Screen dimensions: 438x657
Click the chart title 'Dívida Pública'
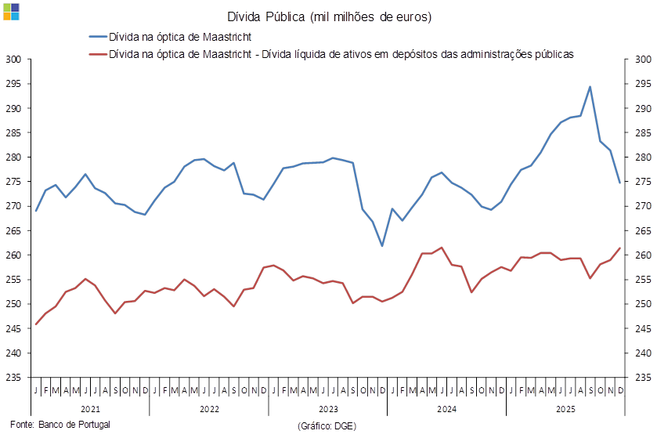(x=329, y=16)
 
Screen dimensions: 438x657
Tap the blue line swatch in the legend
(x=97, y=37)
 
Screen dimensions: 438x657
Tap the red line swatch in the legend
(x=97, y=55)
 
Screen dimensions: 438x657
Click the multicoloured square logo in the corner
(x=11, y=11)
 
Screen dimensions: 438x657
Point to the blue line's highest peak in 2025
(x=590, y=86)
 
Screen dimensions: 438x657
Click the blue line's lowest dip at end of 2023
(x=382, y=245)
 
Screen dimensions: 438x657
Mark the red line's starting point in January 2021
(x=36, y=324)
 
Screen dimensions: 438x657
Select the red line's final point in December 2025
(x=620, y=248)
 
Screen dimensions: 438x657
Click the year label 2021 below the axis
(x=91, y=410)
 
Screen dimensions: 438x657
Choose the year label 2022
(x=209, y=410)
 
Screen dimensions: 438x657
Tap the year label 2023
(x=328, y=410)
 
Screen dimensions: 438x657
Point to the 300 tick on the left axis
(x=13, y=59)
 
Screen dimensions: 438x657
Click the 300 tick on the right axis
(x=642, y=59)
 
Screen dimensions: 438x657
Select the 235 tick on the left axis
(x=13, y=378)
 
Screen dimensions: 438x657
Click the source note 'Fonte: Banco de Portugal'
(x=61, y=424)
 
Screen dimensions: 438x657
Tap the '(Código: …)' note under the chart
(x=327, y=425)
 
